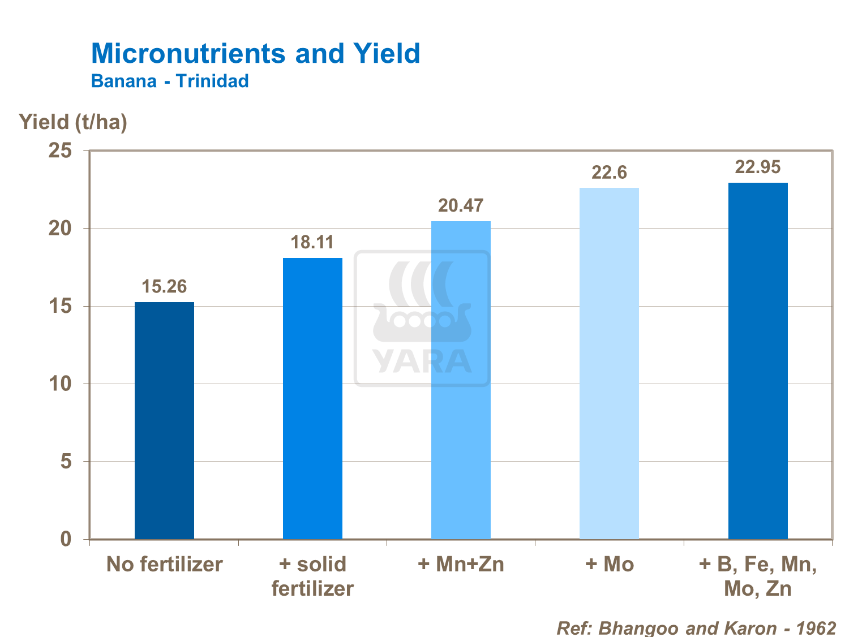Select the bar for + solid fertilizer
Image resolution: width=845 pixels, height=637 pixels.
(312, 398)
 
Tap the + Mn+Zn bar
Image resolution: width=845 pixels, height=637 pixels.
(461, 380)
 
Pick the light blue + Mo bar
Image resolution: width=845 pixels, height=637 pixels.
(609, 363)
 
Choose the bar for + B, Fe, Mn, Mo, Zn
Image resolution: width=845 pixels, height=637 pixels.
(757, 360)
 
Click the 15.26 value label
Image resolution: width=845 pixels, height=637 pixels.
(164, 287)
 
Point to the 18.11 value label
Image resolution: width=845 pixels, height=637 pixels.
(312, 243)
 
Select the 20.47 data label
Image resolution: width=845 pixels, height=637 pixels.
(461, 206)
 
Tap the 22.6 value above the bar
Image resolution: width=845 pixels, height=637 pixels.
(609, 173)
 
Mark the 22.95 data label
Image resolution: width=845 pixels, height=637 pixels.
(757, 167)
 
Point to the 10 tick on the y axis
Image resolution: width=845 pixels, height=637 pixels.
(60, 384)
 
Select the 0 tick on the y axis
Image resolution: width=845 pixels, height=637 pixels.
(66, 539)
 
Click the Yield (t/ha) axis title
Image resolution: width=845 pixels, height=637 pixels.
(73, 122)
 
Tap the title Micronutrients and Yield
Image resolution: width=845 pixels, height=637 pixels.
(255, 54)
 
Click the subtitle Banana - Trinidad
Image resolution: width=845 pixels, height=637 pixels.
(170, 81)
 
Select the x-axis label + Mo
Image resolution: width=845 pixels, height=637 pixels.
(609, 565)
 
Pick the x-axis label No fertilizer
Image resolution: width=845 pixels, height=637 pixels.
(164, 565)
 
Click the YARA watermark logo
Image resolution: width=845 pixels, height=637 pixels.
(422, 318)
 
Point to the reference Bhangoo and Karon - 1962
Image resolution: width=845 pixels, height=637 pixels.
(696, 628)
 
